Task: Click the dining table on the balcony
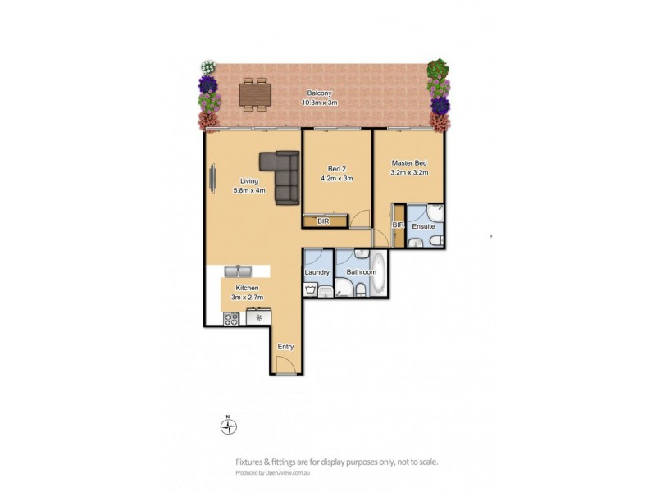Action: pyautogui.click(x=254, y=94)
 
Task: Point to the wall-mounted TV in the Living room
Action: pyautogui.click(x=212, y=180)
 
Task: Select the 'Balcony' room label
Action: pyautogui.click(x=320, y=93)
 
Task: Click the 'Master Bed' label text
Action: pyautogui.click(x=409, y=163)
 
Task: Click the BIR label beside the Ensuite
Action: pyautogui.click(x=399, y=225)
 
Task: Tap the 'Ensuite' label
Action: pyautogui.click(x=424, y=225)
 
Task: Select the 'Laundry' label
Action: pyautogui.click(x=317, y=271)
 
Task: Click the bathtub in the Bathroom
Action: pyautogui.click(x=378, y=280)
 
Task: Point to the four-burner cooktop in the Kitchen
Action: pyautogui.click(x=230, y=318)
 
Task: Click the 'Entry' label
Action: pyautogui.click(x=285, y=347)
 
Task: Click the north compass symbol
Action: pyautogui.click(x=230, y=426)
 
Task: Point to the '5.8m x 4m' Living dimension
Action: pyautogui.click(x=248, y=191)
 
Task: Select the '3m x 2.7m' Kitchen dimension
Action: pyautogui.click(x=247, y=298)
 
